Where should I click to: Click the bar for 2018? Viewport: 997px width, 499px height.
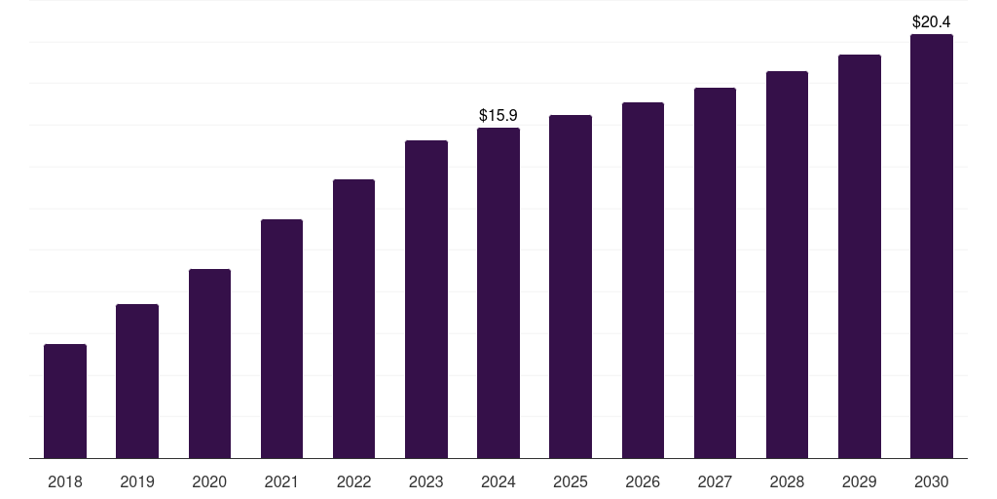(x=65, y=401)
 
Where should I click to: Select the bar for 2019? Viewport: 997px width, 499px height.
(x=137, y=381)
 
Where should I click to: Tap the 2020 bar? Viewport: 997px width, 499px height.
(x=210, y=364)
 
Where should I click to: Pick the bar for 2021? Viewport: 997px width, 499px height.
(x=281, y=338)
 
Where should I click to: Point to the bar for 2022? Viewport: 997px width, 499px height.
(x=353, y=319)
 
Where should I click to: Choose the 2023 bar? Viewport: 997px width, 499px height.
(x=426, y=299)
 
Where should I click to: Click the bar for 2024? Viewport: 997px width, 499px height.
(x=498, y=292)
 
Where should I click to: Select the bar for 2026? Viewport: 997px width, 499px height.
(x=643, y=280)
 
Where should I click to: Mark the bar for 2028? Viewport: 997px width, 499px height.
(x=787, y=265)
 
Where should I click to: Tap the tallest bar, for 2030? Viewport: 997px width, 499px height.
(x=932, y=247)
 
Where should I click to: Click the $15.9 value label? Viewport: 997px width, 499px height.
(x=498, y=115)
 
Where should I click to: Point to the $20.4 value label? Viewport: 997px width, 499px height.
(x=932, y=21)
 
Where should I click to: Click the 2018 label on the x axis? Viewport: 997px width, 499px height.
(x=65, y=481)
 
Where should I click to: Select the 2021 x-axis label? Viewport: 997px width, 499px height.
(x=281, y=481)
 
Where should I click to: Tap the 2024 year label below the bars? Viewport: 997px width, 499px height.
(x=498, y=481)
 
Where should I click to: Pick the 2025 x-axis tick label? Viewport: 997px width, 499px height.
(x=571, y=481)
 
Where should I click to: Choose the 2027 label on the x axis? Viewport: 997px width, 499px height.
(x=715, y=481)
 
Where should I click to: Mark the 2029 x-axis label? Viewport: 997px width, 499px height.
(x=860, y=481)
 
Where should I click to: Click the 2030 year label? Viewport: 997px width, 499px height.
(x=932, y=481)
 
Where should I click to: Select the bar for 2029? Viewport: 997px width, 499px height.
(x=860, y=256)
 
